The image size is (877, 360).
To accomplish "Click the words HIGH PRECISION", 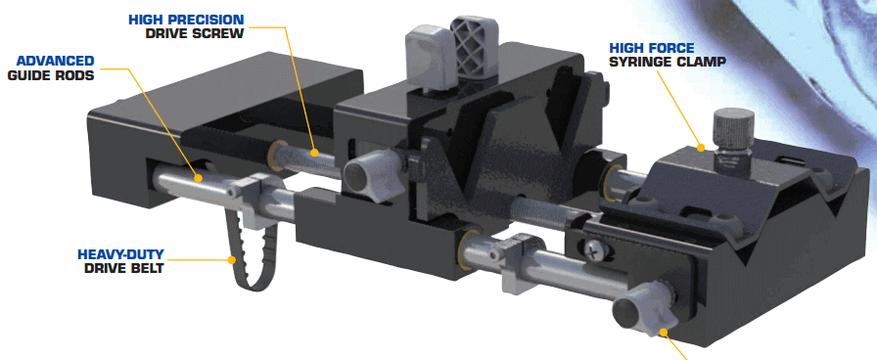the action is [186, 21].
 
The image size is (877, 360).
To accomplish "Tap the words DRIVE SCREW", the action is [195, 33].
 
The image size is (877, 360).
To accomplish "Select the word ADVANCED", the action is [56, 61].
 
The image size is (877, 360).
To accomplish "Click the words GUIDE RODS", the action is [51, 74].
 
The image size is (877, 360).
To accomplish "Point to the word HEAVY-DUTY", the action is [120, 255].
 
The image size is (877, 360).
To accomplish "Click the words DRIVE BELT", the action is [124, 268].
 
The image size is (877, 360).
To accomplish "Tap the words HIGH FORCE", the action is [652, 48].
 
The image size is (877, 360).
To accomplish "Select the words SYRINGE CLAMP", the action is [668, 62].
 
